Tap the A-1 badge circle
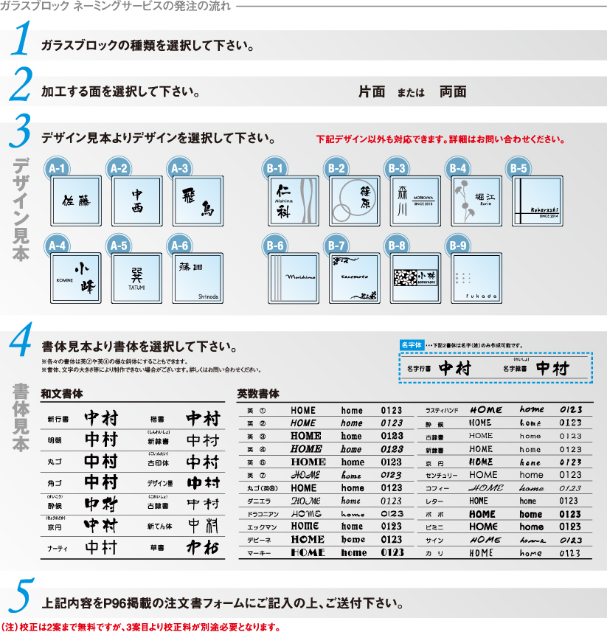[58, 169]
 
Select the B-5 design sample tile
[538, 200]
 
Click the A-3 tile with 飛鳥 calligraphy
[197, 201]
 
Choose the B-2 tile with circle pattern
[353, 200]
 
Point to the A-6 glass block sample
[197, 278]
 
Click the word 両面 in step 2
[453, 92]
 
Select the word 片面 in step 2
[372, 92]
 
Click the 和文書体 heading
[62, 393]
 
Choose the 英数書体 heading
[258, 393]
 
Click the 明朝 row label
[55, 440]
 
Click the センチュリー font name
[443, 475]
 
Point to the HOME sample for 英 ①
[303, 411]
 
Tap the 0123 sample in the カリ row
[569, 553]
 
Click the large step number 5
[22, 596]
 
